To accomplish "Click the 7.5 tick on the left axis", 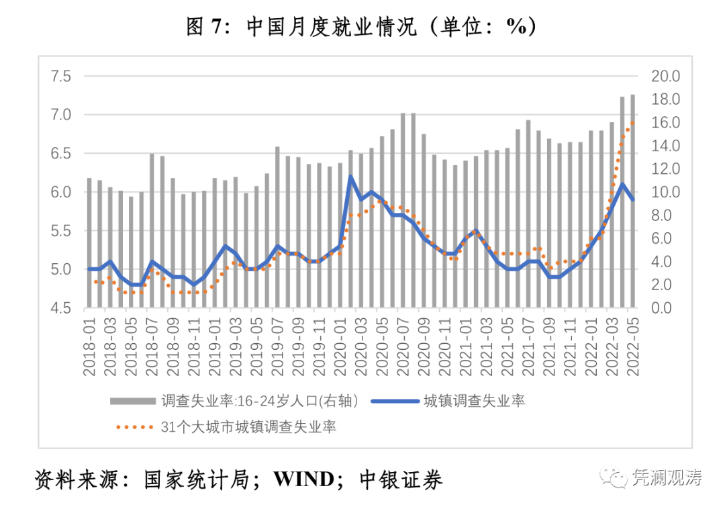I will (61, 76).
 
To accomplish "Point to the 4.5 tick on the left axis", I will (61, 308).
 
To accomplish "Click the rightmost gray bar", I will (632, 201).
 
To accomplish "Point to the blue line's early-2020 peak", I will (350, 177).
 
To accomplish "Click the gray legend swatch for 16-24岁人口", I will (133, 402).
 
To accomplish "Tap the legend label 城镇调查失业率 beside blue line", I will (474, 402).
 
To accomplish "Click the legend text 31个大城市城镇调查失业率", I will (249, 426).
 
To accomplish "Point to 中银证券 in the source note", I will (401, 479).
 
